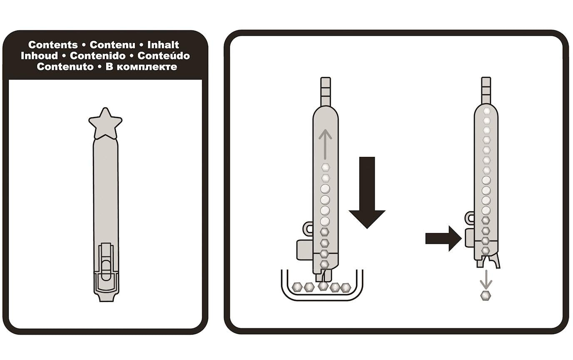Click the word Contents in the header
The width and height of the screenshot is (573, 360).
[x=53, y=45]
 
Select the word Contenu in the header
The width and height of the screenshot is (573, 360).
[x=112, y=45]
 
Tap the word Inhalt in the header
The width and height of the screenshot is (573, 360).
[x=163, y=45]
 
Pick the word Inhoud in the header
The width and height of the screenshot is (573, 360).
[x=40, y=56]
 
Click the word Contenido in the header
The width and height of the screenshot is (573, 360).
[x=97, y=56]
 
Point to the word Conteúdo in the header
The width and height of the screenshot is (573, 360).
[x=164, y=55]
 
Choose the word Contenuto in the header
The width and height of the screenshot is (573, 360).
[x=65, y=67]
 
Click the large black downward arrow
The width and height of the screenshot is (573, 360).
[x=367, y=193]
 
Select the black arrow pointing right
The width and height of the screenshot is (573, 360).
[x=443, y=238]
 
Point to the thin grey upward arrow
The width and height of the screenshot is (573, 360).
[x=325, y=144]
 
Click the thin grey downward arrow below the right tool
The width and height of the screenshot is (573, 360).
[x=486, y=279]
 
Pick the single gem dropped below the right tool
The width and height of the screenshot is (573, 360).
[x=486, y=296]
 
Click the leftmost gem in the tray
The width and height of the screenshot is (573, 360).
[x=297, y=287]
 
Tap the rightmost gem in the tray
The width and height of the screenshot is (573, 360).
[x=346, y=288]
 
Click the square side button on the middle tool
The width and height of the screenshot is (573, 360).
[x=305, y=250]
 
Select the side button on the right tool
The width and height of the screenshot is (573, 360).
[x=470, y=238]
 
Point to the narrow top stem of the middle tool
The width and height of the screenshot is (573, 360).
[x=326, y=91]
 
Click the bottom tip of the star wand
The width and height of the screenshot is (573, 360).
[x=106, y=301]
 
